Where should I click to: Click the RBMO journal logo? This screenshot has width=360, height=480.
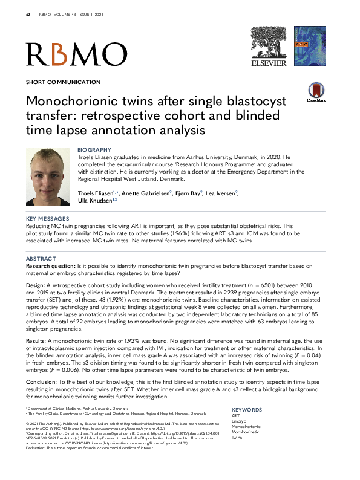click(x=76, y=54)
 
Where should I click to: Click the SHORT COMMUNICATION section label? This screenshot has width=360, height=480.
click(x=63, y=82)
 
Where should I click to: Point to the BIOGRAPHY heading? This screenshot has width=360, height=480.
click(x=95, y=149)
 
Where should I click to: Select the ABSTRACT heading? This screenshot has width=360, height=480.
click(x=42, y=258)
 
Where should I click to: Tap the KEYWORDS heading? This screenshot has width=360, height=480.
click(x=247, y=409)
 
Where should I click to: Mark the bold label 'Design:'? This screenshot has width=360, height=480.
click(x=36, y=283)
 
